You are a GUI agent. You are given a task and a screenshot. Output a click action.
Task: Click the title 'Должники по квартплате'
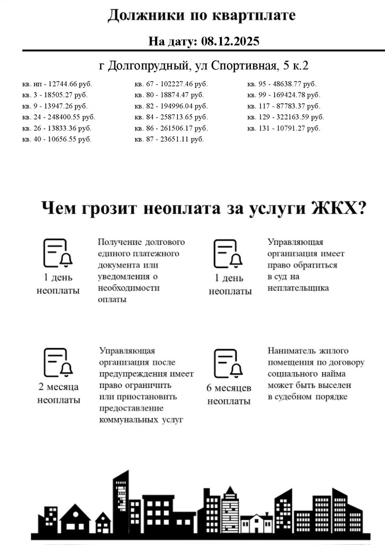(201, 16)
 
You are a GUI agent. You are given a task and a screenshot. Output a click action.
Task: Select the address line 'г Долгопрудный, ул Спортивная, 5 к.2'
(204, 66)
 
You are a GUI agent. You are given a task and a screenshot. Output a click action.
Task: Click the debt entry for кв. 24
(59, 117)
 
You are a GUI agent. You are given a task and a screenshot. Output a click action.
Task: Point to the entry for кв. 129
(285, 117)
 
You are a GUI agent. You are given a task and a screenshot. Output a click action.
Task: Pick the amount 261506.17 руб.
(183, 128)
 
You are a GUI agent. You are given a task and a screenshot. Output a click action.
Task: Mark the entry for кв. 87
(169, 139)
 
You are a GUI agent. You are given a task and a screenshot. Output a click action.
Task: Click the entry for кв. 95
(282, 84)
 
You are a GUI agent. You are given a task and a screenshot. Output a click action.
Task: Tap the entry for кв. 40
(57, 139)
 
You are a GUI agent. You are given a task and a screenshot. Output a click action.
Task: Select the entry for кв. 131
(284, 128)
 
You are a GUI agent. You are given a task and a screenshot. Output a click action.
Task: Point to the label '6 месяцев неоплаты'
(228, 394)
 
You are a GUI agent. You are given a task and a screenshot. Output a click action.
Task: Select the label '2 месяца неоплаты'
(59, 393)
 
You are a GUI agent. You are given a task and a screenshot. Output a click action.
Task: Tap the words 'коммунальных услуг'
(141, 420)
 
